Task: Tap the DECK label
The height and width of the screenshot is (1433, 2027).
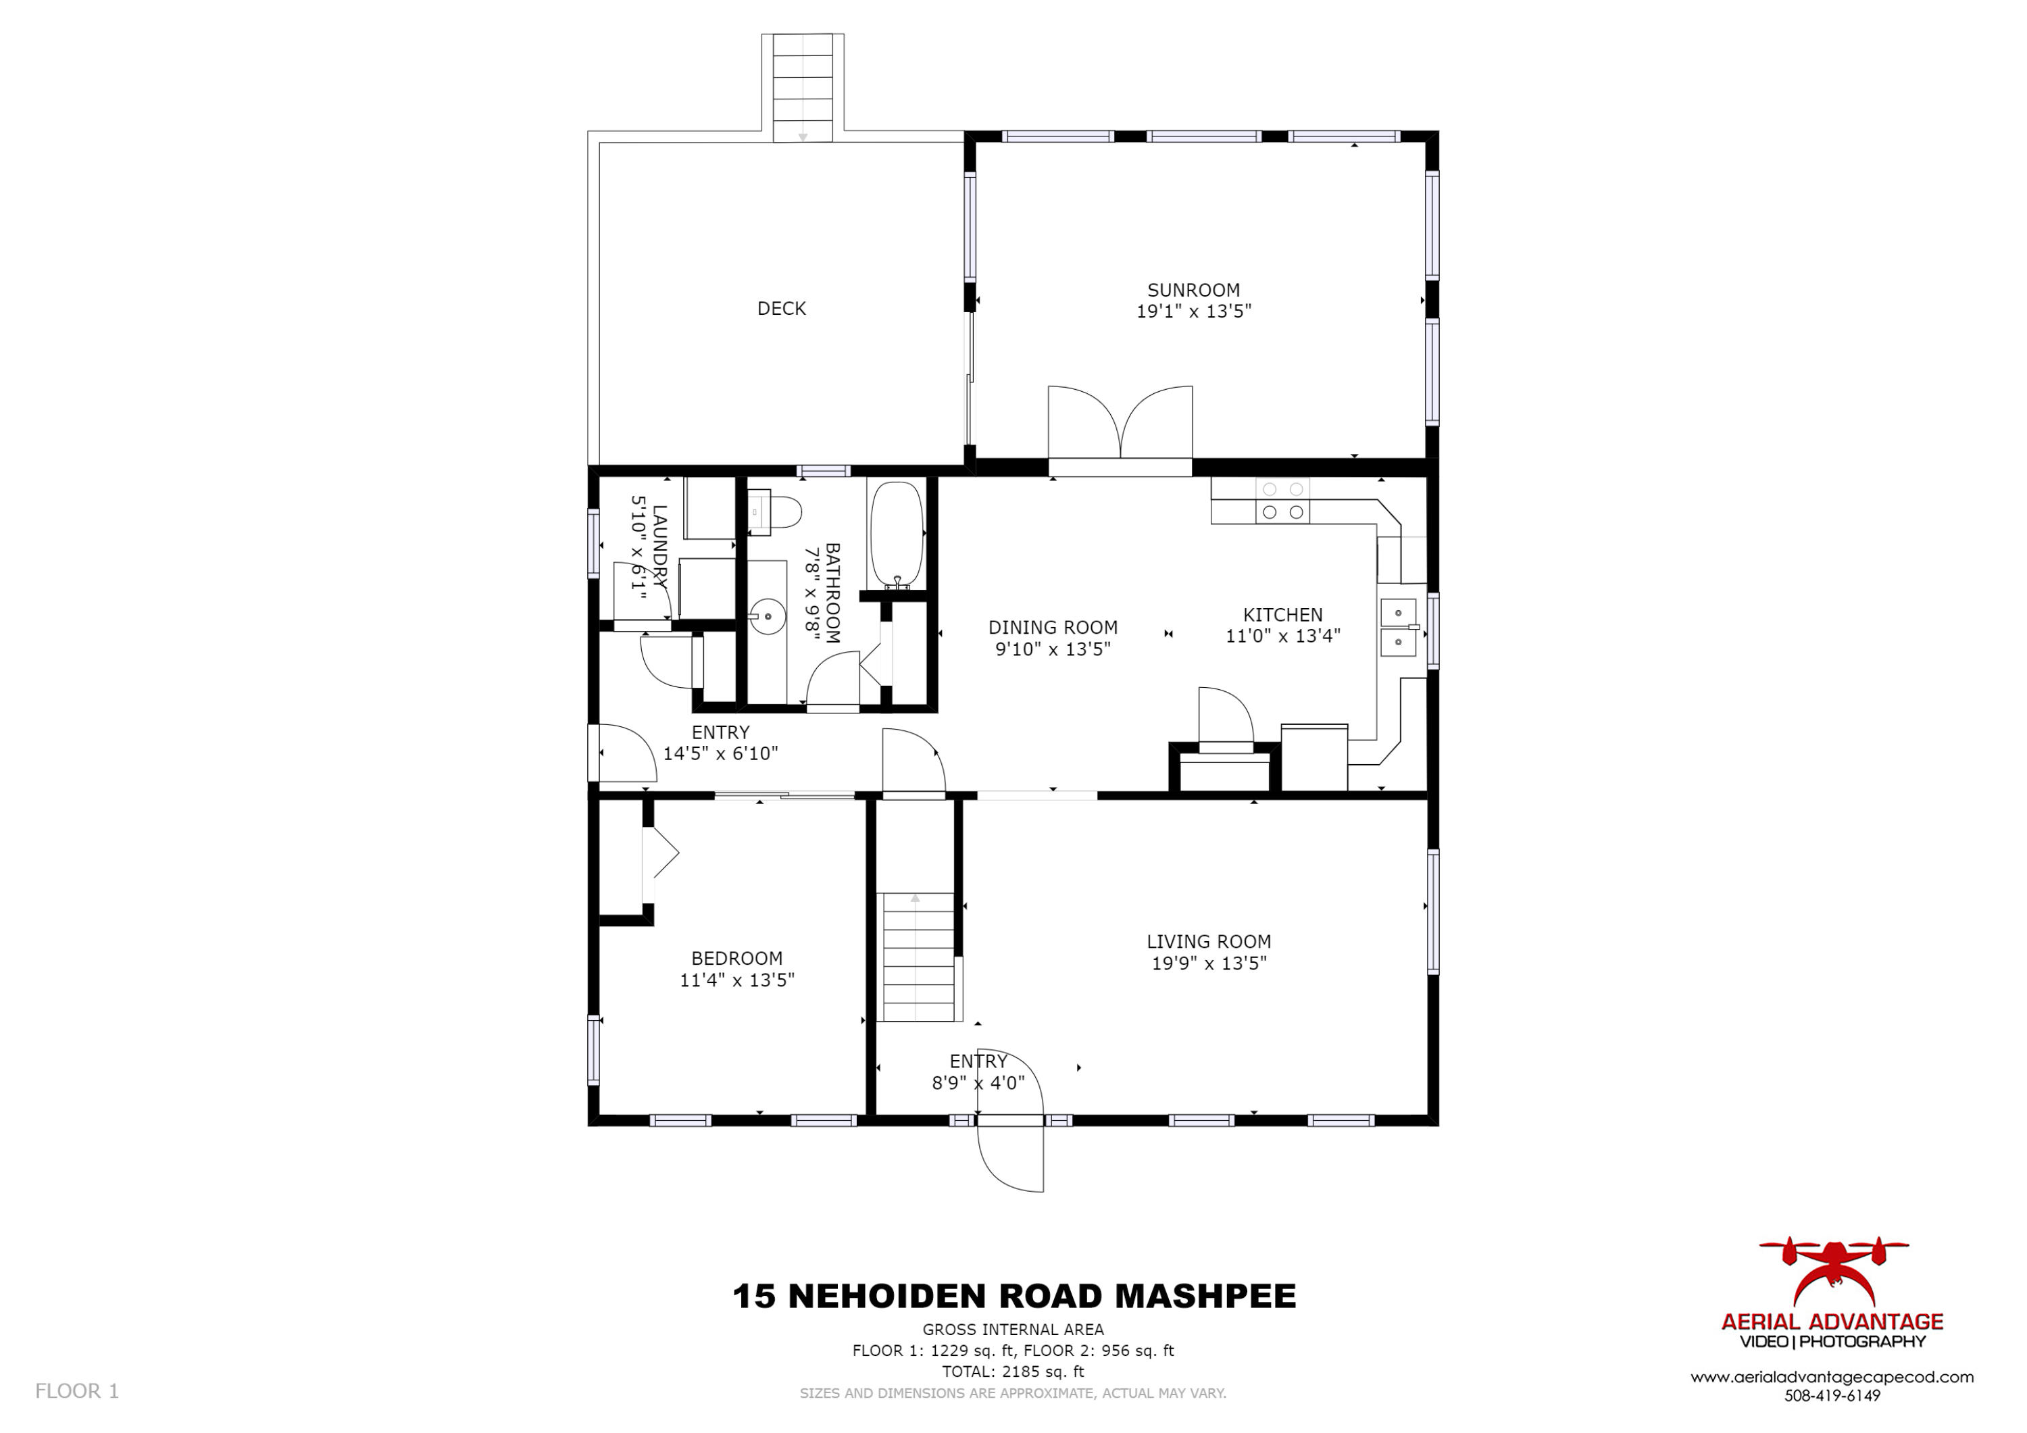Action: tap(781, 308)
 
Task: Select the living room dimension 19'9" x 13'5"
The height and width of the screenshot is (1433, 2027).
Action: tap(1209, 963)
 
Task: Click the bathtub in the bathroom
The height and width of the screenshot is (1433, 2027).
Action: tap(896, 534)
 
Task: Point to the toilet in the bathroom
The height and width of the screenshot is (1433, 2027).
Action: tap(776, 512)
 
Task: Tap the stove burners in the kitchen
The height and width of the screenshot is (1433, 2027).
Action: tap(1282, 501)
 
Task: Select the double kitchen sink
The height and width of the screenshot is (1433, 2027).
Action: tap(1397, 627)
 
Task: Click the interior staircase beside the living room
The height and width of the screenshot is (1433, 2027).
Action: tap(918, 957)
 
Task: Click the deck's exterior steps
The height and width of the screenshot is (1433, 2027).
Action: tap(803, 89)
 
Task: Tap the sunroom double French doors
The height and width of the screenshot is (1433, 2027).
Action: tap(1120, 424)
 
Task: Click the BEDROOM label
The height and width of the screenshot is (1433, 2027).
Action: tap(736, 958)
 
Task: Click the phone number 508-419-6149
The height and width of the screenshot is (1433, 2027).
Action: tap(1832, 1396)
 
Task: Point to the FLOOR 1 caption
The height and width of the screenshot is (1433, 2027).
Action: tap(77, 1390)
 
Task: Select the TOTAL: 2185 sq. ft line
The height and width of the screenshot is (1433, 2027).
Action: tap(1013, 1372)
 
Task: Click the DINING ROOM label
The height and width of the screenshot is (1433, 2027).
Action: tap(1052, 627)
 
